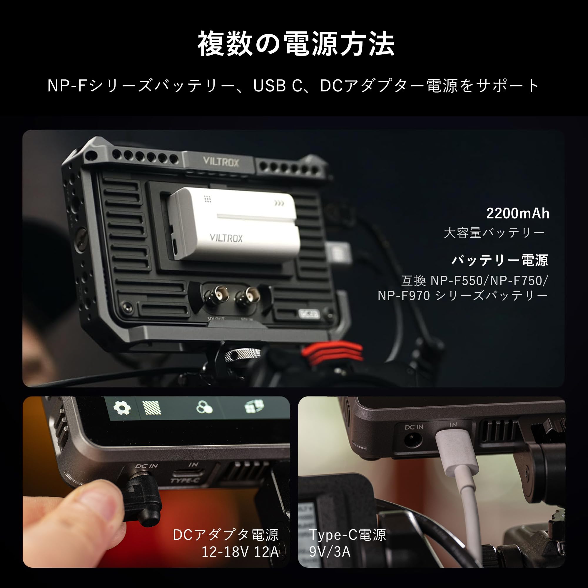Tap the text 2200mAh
coord(517,214)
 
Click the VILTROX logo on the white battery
coord(226,238)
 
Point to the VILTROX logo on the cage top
coord(221,162)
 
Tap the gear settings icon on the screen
coord(122,407)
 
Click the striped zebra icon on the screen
coord(152,407)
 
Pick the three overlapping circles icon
coord(204,407)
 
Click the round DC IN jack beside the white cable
coord(414,440)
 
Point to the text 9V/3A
coord(330,552)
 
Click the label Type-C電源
coord(348,535)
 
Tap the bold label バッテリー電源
coord(500,260)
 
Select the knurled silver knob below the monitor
coord(242,355)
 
